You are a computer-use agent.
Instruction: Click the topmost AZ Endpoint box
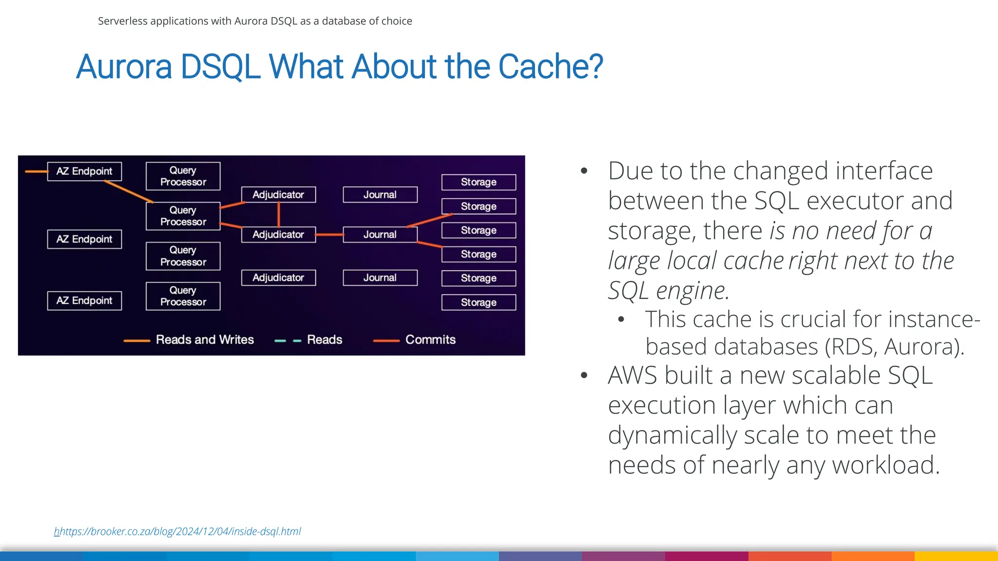(x=84, y=171)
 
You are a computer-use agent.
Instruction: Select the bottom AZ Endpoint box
(x=84, y=300)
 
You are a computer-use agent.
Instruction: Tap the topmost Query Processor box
(x=183, y=176)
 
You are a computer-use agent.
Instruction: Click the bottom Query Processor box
(x=183, y=296)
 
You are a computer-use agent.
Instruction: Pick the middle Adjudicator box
(x=278, y=235)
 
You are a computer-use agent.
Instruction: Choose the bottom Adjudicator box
(x=278, y=278)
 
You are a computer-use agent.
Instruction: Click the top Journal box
(x=380, y=195)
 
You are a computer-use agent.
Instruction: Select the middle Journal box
(x=380, y=235)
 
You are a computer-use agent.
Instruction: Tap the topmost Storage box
(x=479, y=182)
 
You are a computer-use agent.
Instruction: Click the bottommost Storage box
(x=479, y=302)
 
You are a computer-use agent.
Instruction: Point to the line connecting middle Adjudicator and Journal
(x=329, y=235)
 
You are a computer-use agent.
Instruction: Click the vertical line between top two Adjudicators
(x=279, y=214)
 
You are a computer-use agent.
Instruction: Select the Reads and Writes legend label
(x=205, y=340)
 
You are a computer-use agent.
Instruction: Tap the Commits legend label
(x=430, y=340)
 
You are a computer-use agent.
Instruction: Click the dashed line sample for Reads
(x=288, y=341)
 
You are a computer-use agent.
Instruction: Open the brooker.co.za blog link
(x=178, y=531)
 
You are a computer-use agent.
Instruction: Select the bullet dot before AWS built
(x=584, y=375)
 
